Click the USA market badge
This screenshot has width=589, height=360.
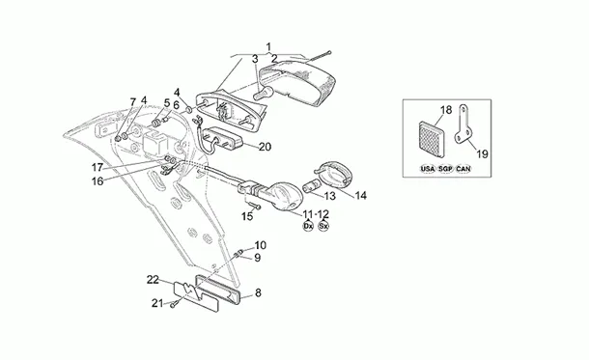tap(428, 169)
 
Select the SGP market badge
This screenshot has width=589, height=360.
tap(445, 169)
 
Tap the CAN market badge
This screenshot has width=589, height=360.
tap(463, 169)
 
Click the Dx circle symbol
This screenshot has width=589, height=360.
tap(308, 226)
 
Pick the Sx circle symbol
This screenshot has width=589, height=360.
tap(323, 226)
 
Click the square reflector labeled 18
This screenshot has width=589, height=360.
tap(432, 139)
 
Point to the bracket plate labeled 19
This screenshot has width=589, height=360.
tap(463, 124)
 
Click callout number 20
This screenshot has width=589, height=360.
tap(265, 147)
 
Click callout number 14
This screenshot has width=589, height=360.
tap(360, 196)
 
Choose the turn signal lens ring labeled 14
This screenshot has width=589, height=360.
tap(333, 174)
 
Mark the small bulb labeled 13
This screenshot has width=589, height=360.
tap(312, 185)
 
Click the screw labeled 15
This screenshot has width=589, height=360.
tap(254, 205)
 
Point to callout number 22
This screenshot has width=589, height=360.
tap(153, 280)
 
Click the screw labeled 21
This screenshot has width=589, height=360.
tap(174, 304)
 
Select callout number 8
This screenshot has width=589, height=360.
tap(258, 292)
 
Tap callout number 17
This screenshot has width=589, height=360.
tap(98, 167)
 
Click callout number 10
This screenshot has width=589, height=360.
tap(261, 245)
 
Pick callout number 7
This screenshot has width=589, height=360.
tap(132, 101)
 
